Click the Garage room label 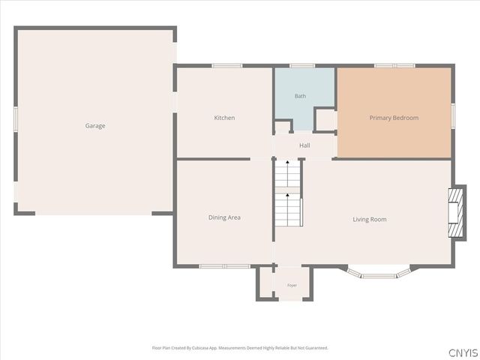click(95, 126)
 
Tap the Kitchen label click(224, 118)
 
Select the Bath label click(300, 96)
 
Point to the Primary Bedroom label click(394, 118)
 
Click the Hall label click(304, 145)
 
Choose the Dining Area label click(224, 217)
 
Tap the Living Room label click(370, 220)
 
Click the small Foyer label click(292, 285)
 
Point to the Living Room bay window click(379, 274)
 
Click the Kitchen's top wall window click(227, 65)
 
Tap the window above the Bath click(302, 65)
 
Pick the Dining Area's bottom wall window click(225, 266)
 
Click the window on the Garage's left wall click(15, 119)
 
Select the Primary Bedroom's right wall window click(453, 115)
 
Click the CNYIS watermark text click(463, 352)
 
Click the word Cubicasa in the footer click(201, 348)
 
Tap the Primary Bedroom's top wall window click(395, 65)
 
